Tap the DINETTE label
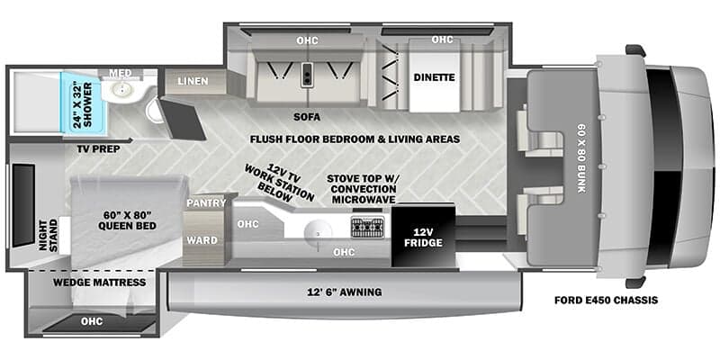[434, 77]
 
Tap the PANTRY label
[199, 204]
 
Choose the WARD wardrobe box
[199, 240]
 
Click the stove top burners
[367, 226]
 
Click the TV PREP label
[97, 147]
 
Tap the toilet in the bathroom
[155, 110]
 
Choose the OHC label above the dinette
[442, 40]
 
